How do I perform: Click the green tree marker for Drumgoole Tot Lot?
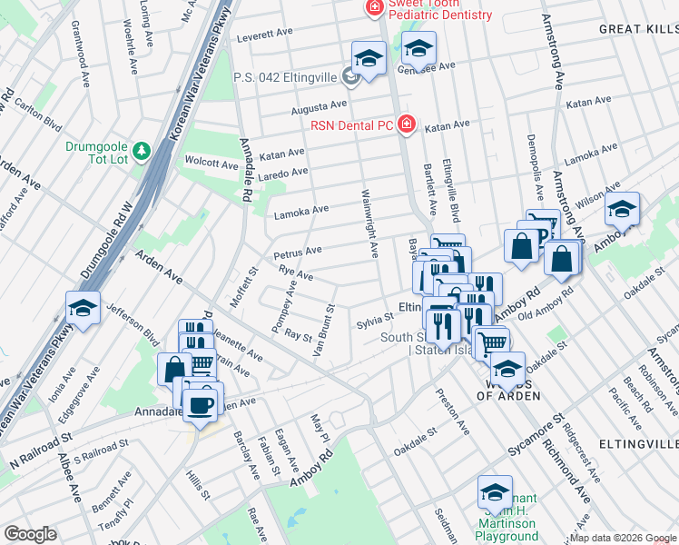(141, 149)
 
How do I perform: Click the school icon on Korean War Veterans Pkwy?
(83, 309)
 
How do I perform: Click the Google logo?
(30, 534)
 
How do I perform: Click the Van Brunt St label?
(324, 332)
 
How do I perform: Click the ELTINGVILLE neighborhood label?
(646, 443)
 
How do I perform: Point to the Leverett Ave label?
(264, 36)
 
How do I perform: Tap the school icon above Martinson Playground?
(495, 492)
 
